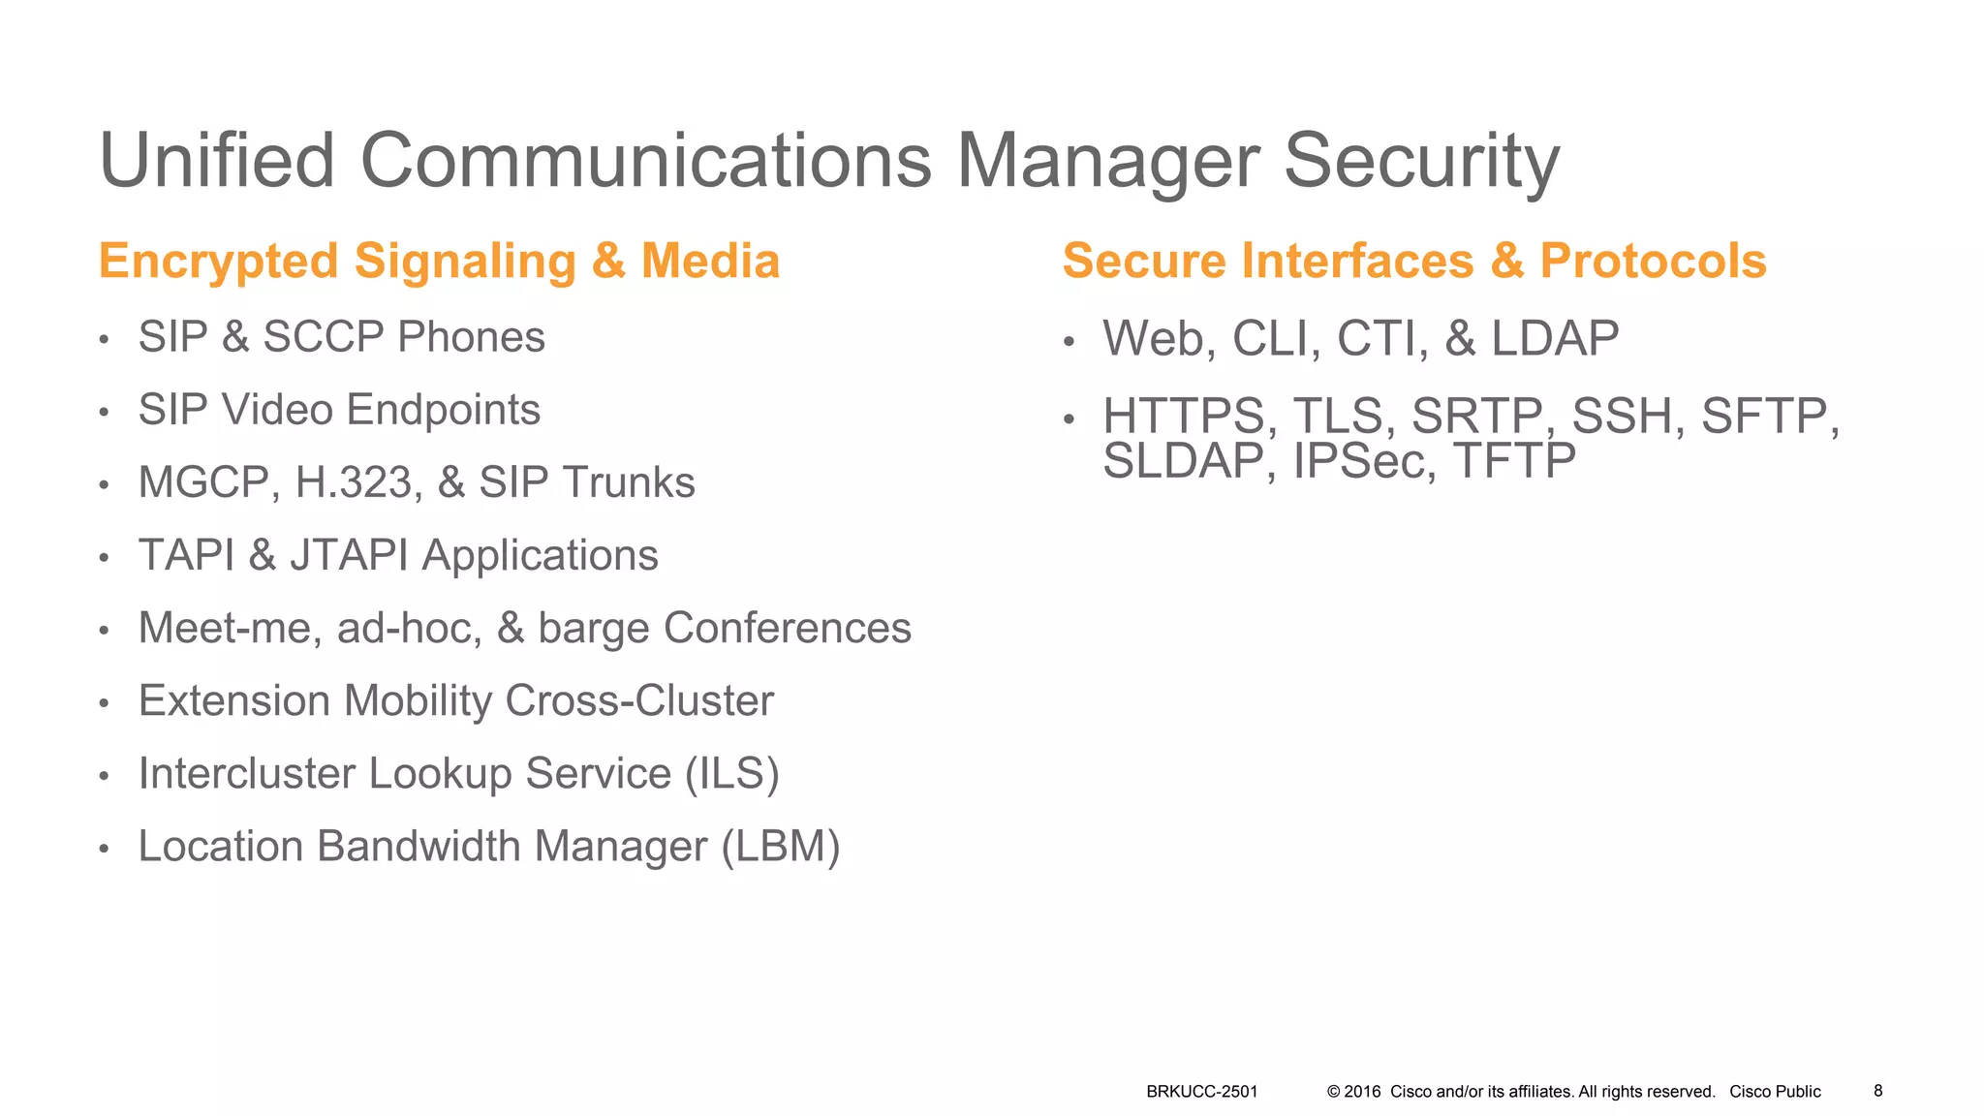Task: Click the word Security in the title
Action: click(x=1421, y=163)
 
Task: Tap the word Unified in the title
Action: click(x=217, y=161)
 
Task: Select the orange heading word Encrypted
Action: click(x=218, y=262)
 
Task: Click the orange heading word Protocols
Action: click(x=1653, y=262)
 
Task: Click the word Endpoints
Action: click(x=443, y=410)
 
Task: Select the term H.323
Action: click(x=358, y=482)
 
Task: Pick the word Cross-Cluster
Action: click(x=639, y=700)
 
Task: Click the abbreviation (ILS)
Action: click(x=731, y=773)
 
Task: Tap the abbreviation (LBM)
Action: click(x=781, y=846)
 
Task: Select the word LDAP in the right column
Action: click(x=1555, y=339)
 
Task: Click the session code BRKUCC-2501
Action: click(x=1201, y=1092)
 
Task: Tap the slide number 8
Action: click(x=1877, y=1091)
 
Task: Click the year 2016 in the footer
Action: click(x=1362, y=1092)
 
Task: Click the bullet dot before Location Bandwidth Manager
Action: click(x=104, y=849)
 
